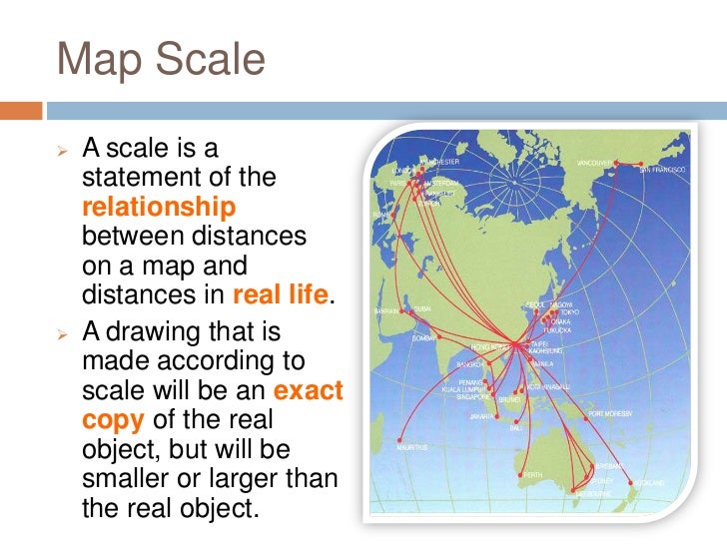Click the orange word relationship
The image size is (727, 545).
pyautogui.click(x=159, y=208)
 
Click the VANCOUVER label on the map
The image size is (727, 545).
pyautogui.click(x=596, y=162)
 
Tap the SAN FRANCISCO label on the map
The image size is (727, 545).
pyautogui.click(x=665, y=171)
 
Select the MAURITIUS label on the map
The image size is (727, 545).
pyautogui.click(x=408, y=447)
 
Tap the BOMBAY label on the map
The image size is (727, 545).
pyautogui.click(x=423, y=338)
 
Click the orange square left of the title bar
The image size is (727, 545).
pyautogui.click(x=21, y=109)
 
